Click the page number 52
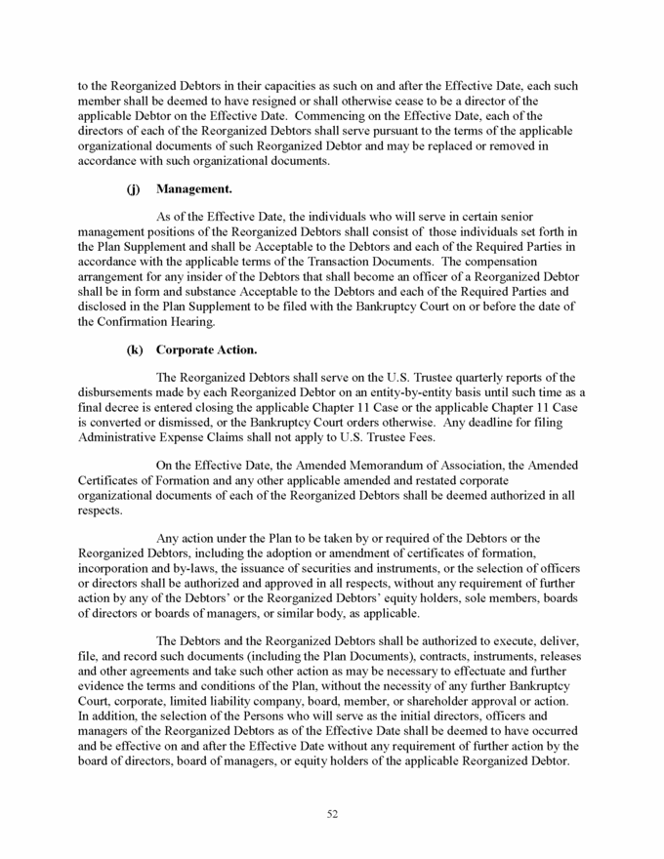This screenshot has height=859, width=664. (332, 816)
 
